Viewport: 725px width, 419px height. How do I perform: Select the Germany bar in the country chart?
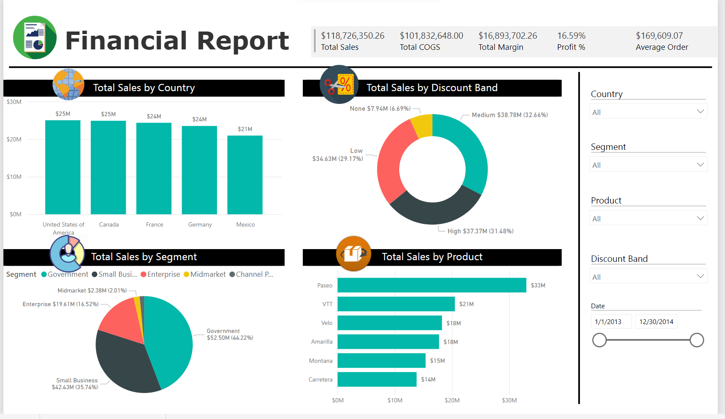click(199, 170)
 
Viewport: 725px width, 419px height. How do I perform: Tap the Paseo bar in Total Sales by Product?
click(432, 285)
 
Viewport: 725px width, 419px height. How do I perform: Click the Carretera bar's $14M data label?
click(428, 379)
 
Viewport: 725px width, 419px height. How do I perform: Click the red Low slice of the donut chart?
click(392, 162)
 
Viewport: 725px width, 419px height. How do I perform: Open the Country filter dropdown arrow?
click(700, 112)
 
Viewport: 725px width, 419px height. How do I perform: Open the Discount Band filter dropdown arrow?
click(700, 276)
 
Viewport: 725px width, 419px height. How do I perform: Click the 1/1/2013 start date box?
click(610, 322)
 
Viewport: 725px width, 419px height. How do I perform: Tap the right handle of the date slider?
click(696, 340)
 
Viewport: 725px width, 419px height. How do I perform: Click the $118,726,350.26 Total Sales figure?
click(353, 36)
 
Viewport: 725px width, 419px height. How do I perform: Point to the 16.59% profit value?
click(571, 36)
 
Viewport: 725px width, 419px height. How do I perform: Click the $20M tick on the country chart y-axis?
click(14, 139)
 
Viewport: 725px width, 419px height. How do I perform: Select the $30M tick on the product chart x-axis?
click(509, 400)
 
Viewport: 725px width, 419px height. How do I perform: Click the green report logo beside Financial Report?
click(35, 38)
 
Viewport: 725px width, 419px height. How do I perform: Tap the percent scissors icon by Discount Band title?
click(339, 84)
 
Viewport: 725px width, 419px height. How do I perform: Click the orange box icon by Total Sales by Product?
click(353, 254)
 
